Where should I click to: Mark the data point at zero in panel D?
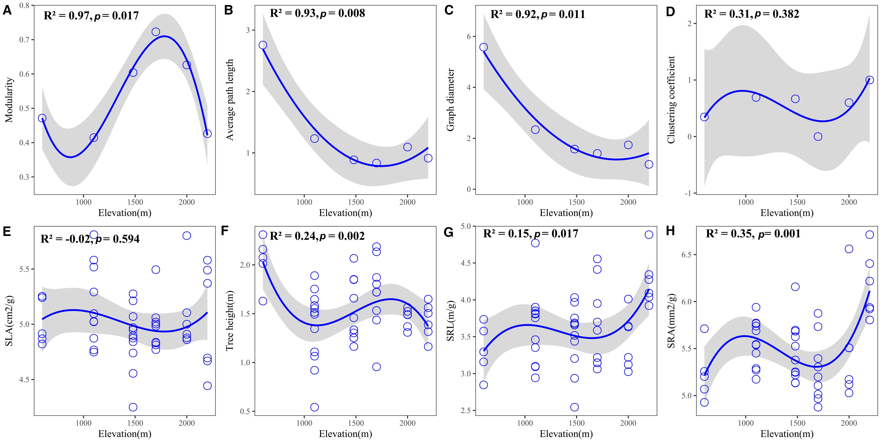click(818, 137)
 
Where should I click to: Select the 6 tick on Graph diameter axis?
click(469, 36)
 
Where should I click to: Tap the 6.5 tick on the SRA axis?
click(687, 255)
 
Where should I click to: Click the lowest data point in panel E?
click(133, 407)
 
